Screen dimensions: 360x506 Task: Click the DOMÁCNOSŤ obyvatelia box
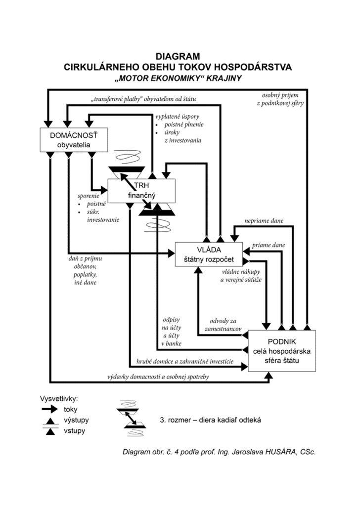coord(74,140)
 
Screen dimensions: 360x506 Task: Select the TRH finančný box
coord(141,191)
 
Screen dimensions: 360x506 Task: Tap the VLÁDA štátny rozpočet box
coord(209,254)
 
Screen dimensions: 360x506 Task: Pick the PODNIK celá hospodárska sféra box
coord(282,351)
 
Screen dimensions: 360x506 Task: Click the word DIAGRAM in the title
coord(178,56)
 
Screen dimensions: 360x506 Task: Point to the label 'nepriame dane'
coord(264,221)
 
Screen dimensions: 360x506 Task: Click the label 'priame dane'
coord(269,245)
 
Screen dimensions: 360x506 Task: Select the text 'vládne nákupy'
coord(241,272)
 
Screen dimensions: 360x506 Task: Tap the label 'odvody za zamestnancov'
coord(223,325)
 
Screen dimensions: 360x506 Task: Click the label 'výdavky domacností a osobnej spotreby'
coord(158,377)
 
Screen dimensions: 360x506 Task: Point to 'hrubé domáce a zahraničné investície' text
coord(184,361)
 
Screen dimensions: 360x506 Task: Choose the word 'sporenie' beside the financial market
coord(89,196)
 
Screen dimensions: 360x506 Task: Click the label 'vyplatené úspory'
coord(177,117)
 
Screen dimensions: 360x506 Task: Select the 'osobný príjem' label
coord(280,95)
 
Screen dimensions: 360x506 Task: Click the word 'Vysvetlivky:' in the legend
coord(59,399)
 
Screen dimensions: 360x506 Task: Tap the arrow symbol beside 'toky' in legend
coord(50,410)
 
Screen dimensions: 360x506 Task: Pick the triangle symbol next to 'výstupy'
coord(50,421)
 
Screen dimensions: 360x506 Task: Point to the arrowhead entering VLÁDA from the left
coord(172,253)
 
